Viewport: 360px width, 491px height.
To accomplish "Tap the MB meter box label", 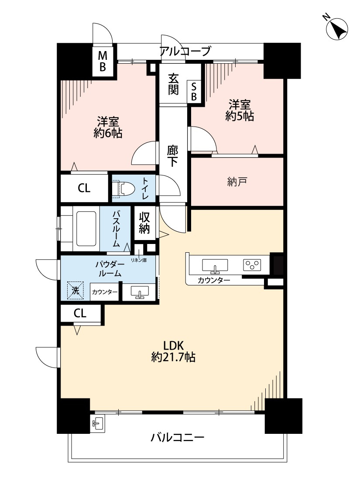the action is [103, 62].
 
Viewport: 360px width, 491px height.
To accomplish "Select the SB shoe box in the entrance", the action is [194, 92].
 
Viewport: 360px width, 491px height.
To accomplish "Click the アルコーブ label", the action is [185, 51].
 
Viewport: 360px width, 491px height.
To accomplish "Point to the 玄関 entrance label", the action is [173, 84].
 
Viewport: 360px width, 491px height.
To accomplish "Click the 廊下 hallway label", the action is [172, 156].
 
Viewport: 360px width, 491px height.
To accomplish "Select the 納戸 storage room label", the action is [237, 182].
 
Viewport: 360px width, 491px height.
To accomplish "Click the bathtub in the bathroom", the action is [86, 229].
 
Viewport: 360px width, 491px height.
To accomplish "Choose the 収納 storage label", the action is [144, 223].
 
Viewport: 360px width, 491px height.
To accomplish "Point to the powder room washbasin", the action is [139, 292].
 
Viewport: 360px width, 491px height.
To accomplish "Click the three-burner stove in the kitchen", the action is [252, 265].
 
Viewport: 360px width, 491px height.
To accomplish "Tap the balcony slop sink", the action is [98, 424].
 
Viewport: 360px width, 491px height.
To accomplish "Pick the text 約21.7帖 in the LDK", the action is [173, 357].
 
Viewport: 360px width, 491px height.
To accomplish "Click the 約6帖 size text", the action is [108, 133].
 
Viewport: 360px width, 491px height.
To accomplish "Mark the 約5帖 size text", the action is [240, 116].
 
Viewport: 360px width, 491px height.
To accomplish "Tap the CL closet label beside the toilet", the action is [84, 188].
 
